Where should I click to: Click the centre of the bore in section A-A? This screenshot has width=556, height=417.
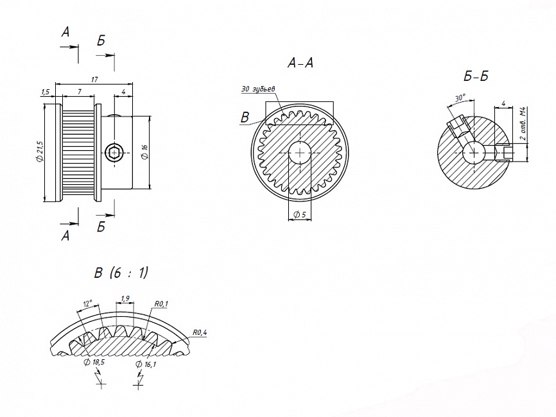(x=300, y=153)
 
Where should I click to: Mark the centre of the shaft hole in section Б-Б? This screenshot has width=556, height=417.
(x=474, y=153)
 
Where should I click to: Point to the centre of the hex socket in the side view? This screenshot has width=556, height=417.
(x=114, y=153)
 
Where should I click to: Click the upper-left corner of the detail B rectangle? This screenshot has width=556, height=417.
(x=266, y=102)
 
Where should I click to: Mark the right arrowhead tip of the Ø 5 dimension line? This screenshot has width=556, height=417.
(x=311, y=220)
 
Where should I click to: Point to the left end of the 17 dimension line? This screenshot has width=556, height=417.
(x=56, y=84)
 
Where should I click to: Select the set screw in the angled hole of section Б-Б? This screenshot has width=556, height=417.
(x=456, y=126)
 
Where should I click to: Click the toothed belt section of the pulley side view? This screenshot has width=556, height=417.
(x=79, y=153)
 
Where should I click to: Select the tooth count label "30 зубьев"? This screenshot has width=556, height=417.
(x=259, y=89)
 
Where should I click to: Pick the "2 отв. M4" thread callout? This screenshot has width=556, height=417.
(x=523, y=124)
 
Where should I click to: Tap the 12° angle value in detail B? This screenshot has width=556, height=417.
(x=88, y=303)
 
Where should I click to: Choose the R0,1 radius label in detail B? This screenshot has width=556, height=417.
(x=161, y=303)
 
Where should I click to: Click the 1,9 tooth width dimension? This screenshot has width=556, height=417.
(x=125, y=299)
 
